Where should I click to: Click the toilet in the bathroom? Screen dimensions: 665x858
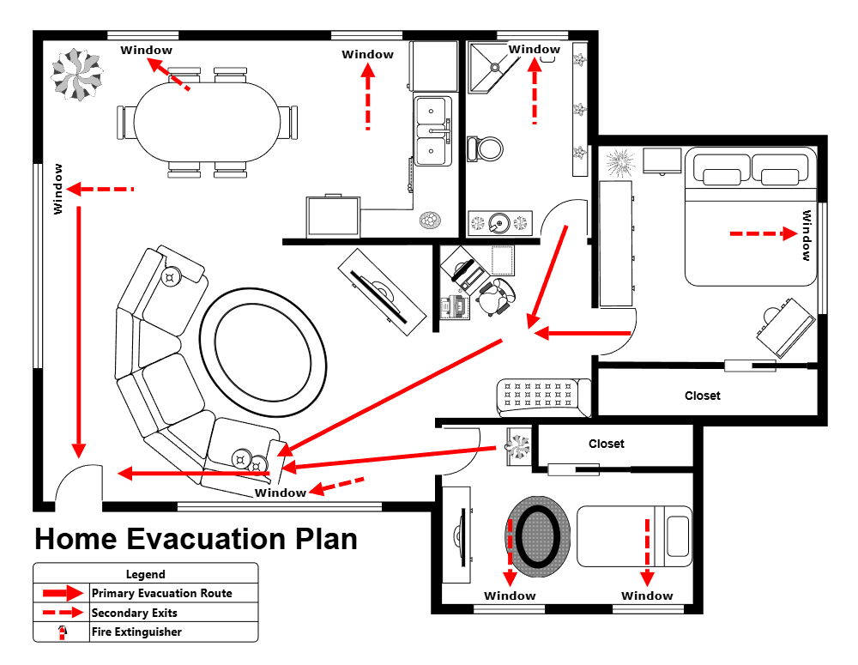tap(486, 149)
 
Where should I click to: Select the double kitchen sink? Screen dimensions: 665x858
tap(431, 131)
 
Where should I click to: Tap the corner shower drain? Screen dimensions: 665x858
tap(495, 65)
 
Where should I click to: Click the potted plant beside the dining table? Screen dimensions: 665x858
tap(76, 75)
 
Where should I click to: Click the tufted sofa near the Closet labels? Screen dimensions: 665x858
tap(543, 397)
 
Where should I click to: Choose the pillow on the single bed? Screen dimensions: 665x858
tap(678, 536)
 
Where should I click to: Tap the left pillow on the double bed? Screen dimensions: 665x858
tap(722, 176)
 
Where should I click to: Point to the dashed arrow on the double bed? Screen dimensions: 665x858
tap(763, 233)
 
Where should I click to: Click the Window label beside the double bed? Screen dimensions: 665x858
tap(807, 235)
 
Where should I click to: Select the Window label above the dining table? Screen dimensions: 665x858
tap(147, 50)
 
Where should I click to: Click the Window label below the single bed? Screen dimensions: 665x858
tap(648, 595)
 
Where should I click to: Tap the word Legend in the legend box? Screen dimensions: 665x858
tap(146, 574)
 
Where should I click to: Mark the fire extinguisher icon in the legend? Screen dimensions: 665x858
tap(61, 632)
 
